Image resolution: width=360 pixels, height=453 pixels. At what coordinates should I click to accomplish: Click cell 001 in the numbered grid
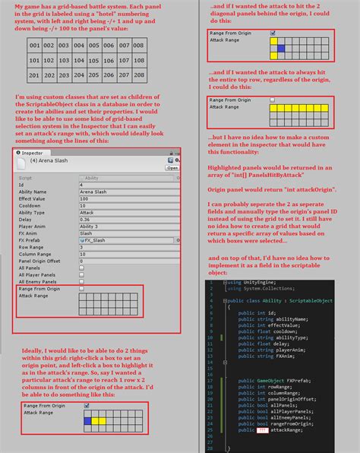(35, 46)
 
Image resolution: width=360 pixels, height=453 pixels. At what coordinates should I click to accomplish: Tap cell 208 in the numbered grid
(138, 75)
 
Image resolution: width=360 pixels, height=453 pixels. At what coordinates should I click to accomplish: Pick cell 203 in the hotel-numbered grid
(65, 75)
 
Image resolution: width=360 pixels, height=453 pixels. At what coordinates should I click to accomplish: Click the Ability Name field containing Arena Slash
(129, 191)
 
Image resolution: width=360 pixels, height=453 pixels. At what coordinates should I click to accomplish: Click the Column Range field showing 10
(129, 252)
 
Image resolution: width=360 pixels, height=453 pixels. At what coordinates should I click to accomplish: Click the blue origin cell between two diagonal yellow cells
(280, 49)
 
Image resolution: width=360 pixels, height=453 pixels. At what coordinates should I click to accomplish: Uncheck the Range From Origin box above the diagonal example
(273, 33)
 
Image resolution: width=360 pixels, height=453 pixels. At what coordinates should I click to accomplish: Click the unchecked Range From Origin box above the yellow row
(273, 100)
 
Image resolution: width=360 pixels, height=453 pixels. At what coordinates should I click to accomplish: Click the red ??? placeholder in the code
(264, 429)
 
